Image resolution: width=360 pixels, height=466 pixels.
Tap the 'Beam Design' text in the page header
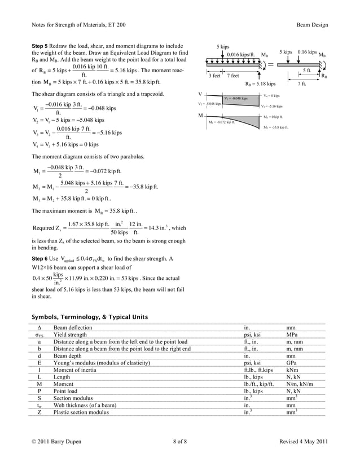311,25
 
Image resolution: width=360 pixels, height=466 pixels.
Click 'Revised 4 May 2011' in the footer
304,441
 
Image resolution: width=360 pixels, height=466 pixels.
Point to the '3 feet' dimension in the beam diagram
214,76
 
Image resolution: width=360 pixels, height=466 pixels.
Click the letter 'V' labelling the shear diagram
200,93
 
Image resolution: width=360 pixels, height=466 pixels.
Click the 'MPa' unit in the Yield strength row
292,335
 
